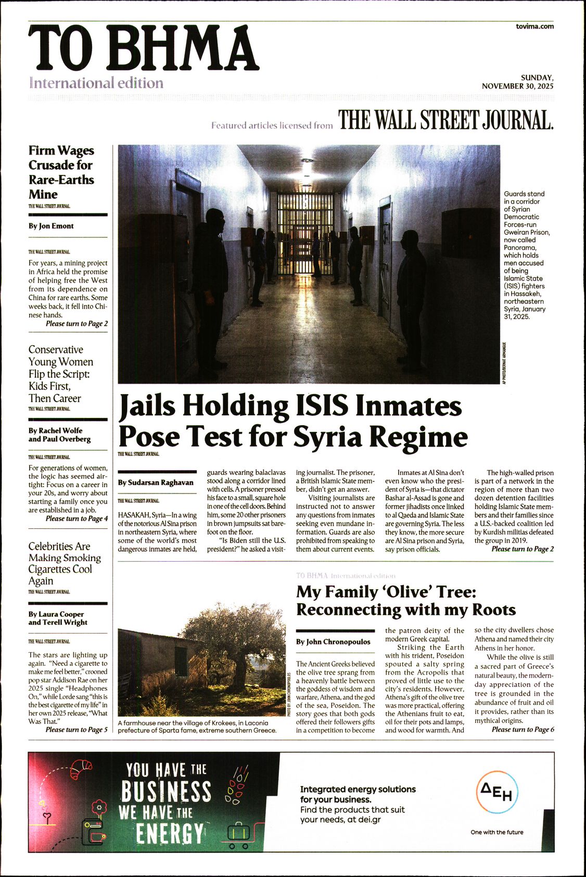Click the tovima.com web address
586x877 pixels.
tap(534, 26)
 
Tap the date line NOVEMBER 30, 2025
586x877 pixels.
tap(517, 86)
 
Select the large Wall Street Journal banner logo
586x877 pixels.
tap(445, 120)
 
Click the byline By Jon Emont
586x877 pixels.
tap(51, 226)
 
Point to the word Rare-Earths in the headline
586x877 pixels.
tap(61, 180)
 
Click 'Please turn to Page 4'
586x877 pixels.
tap(77, 518)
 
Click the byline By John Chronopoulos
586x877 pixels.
tap(333, 642)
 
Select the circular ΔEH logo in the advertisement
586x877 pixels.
tap(497, 793)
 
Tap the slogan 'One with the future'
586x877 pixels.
tap(497, 832)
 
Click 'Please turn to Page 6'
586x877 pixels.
tap(523, 729)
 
